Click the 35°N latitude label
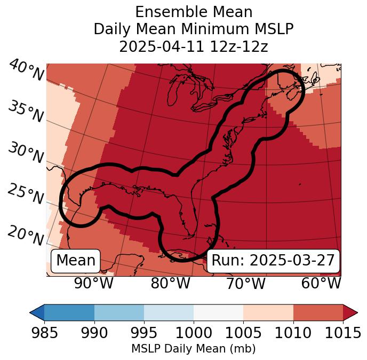pos(26,112)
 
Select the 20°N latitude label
pos(26,236)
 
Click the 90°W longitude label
pos(94,283)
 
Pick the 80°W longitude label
pos(170,283)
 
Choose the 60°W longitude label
pos(321,283)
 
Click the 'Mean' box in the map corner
pos(76,261)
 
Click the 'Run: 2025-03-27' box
pos(273,261)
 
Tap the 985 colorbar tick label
pos(44,333)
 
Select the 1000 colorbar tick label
pos(194,333)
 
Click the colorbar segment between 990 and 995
pos(119,312)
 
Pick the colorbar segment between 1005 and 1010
pos(268,312)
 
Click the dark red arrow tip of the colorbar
pos(350,312)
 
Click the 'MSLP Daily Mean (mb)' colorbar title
pos(194,349)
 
